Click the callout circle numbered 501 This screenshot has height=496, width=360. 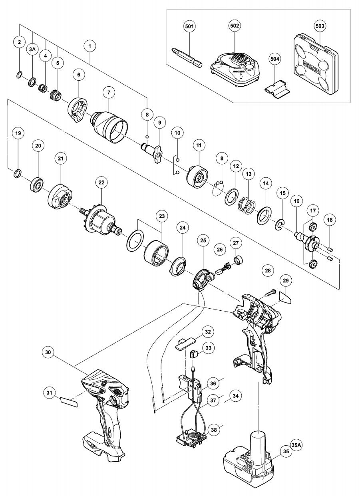tap(190, 27)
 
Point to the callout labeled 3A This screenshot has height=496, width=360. tap(32, 50)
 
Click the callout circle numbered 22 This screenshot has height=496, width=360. tap(101, 183)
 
